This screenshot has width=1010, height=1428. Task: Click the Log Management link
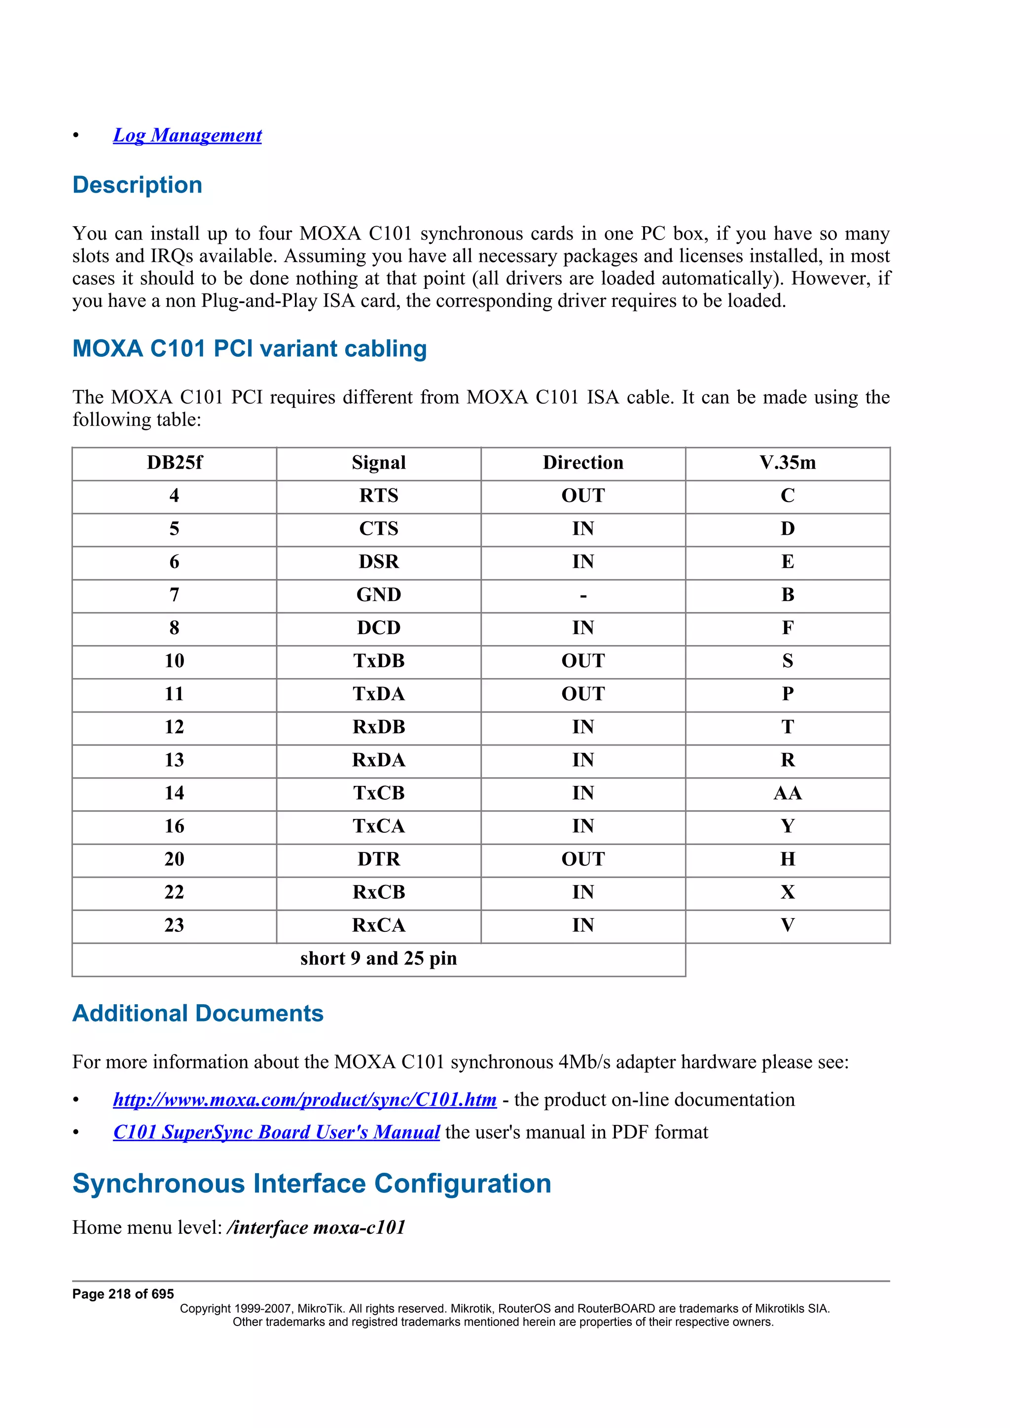click(187, 135)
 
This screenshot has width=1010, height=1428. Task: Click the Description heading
click(137, 185)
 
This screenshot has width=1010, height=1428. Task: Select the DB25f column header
click(174, 462)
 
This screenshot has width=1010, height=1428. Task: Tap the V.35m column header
click(787, 462)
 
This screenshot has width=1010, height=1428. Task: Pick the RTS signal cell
click(378, 496)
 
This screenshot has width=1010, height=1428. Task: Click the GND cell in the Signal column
click(378, 595)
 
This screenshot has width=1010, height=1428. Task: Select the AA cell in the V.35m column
click(787, 793)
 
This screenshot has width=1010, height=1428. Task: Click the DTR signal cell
click(378, 859)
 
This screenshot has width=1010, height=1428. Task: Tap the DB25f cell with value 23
click(174, 925)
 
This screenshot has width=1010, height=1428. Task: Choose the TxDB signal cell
click(378, 660)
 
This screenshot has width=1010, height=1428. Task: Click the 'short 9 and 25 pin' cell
click(378, 958)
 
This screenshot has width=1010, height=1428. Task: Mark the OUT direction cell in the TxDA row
click(582, 693)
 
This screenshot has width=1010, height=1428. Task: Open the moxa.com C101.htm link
click(304, 1100)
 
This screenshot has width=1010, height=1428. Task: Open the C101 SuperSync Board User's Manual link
click(276, 1132)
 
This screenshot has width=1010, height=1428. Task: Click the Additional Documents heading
click(198, 1014)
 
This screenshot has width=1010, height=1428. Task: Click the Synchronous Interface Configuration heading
click(312, 1184)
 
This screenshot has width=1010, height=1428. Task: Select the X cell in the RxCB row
click(787, 892)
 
